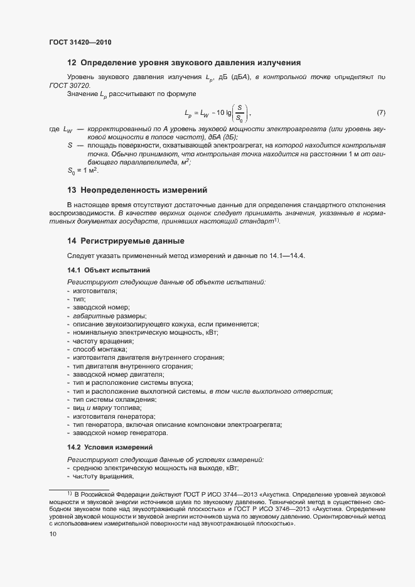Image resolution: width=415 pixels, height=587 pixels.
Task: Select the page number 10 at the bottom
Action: pos(53,534)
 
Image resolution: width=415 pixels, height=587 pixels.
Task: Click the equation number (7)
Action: pos(380,113)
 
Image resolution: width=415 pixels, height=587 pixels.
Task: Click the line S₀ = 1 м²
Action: pos(83,170)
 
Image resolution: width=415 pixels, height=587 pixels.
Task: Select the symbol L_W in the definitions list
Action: pos(68,129)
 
